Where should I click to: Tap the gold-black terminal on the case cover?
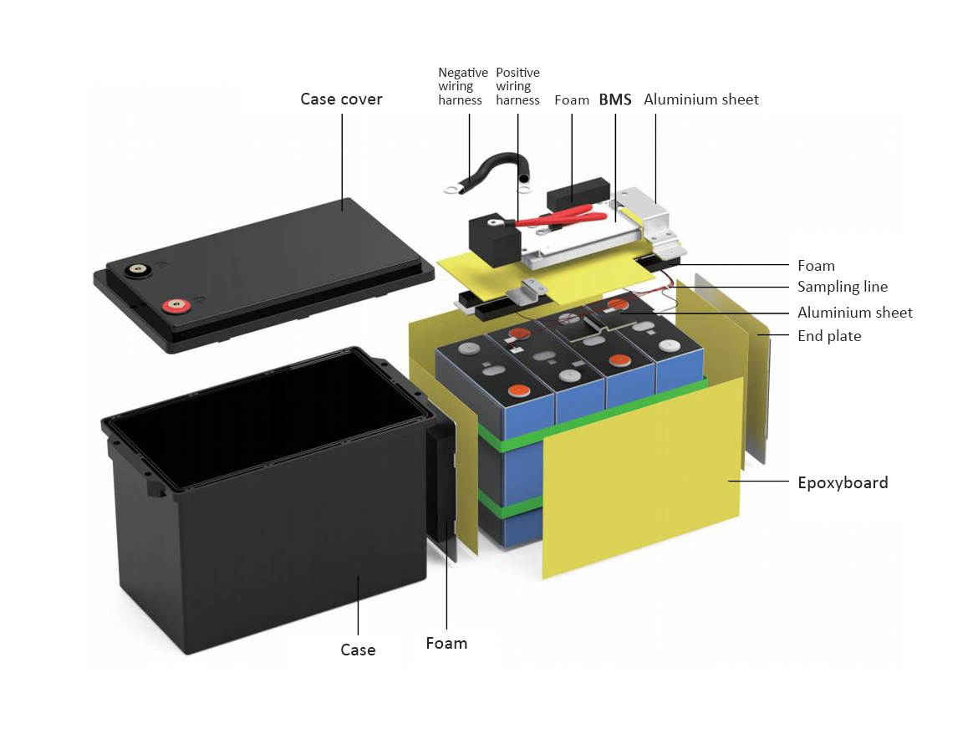pyautogui.click(x=136, y=270)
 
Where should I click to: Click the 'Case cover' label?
pyautogui.click(x=341, y=99)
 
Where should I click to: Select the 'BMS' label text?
pyautogui.click(x=615, y=99)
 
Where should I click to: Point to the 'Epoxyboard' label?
pyautogui.click(x=843, y=482)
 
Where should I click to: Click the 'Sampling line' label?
pyautogui.click(x=842, y=287)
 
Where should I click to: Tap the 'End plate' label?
pyautogui.click(x=829, y=336)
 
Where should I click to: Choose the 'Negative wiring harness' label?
pyautogui.click(x=463, y=86)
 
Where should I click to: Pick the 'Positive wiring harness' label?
pyautogui.click(x=517, y=86)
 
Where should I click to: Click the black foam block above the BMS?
pyautogui.click(x=578, y=194)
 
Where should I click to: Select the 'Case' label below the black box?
pyautogui.click(x=358, y=650)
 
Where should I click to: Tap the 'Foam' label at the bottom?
pyautogui.click(x=446, y=643)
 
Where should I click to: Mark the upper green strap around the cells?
pyautogui.click(x=593, y=410)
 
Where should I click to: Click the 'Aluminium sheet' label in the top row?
pyautogui.click(x=701, y=99)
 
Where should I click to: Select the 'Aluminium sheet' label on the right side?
pyautogui.click(x=854, y=313)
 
